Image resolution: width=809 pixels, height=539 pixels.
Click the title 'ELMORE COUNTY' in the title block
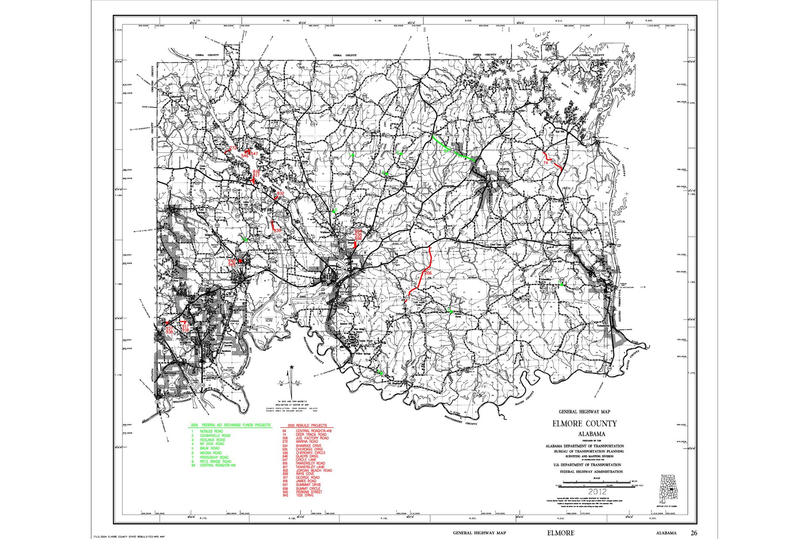(x=584, y=424)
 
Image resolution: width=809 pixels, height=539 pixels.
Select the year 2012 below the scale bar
(x=597, y=491)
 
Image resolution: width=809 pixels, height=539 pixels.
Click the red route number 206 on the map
(x=429, y=273)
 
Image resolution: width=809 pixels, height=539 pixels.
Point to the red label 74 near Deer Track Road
(x=546, y=163)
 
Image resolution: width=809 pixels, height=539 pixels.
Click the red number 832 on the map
(x=281, y=193)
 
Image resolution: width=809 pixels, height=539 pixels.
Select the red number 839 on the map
(x=277, y=231)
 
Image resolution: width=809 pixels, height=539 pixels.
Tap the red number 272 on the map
(x=233, y=148)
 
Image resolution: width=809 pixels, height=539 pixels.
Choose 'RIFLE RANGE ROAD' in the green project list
(x=215, y=462)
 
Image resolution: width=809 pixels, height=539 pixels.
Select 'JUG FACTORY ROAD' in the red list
(x=312, y=438)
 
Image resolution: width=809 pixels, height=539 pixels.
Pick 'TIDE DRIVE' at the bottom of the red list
(x=305, y=495)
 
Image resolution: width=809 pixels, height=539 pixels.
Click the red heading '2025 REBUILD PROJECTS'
(x=307, y=425)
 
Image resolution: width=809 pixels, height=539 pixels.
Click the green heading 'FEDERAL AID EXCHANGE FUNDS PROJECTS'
(x=236, y=425)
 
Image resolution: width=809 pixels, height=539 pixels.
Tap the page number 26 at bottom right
(x=694, y=533)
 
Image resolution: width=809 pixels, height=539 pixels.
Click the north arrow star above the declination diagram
(x=291, y=368)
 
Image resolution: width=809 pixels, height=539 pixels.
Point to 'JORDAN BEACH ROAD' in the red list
(x=313, y=470)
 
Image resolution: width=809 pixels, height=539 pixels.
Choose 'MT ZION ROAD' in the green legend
(x=212, y=444)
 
